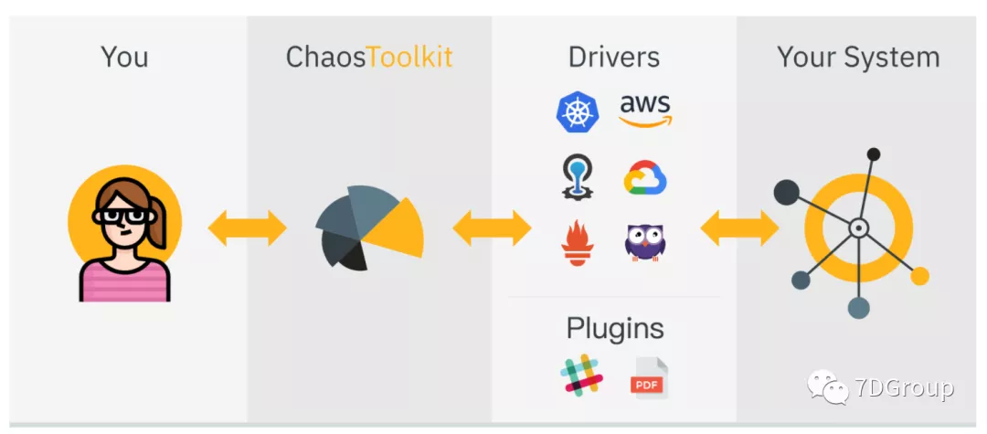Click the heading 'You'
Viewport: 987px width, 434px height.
coord(124,57)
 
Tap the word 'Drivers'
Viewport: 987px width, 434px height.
coord(613,57)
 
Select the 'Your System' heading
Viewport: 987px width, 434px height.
coord(857,57)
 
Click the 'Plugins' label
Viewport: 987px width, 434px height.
coord(615,327)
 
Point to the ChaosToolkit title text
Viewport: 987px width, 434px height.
coord(368,57)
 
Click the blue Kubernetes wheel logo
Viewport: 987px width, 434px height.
coord(578,112)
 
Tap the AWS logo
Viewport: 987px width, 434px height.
coord(645,111)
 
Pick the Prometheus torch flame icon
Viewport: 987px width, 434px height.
coord(577,244)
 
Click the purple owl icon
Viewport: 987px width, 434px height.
coord(645,243)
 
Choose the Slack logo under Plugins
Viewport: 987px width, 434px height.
coord(582,376)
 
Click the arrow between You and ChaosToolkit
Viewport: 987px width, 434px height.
coord(247,228)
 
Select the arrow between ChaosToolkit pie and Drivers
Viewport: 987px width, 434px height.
coord(492,228)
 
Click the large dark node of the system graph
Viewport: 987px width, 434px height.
coord(787,192)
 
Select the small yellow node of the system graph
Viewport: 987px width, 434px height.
coord(919,275)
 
